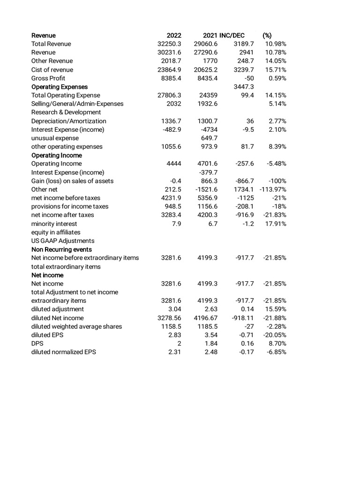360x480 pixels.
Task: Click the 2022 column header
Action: pos(174,35)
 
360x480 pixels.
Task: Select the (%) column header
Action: pos(267,35)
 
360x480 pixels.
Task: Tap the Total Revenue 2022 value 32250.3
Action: pos(169,44)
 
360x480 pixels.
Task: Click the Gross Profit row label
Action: pos(48,78)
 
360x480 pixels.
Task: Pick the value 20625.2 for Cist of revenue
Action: pos(206,69)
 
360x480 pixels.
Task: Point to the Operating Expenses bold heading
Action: pos(60,87)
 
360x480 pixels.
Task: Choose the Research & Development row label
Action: pos(66,112)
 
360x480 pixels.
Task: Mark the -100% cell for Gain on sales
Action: pos(277,181)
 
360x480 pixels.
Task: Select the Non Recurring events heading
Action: pos(61,249)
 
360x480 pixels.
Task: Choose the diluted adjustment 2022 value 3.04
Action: pos(174,309)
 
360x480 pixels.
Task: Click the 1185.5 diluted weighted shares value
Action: pos(208,326)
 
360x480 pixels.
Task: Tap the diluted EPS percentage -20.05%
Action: pos(274,335)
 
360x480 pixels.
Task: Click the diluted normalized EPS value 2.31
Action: pos(174,352)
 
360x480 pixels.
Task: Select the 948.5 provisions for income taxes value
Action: pos(172,206)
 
